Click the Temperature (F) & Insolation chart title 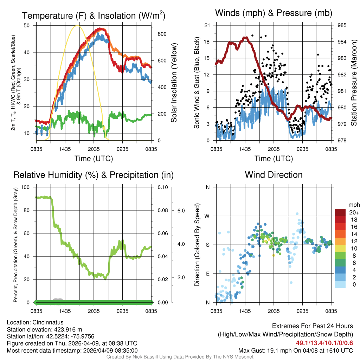94,15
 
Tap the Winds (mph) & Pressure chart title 274,13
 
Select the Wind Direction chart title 274,175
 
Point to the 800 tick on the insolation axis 162,34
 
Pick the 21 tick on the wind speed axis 207,25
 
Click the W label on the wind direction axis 207,216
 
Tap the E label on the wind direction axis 207,274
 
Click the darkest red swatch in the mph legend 341,212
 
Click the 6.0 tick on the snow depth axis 180,211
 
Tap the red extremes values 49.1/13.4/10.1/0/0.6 324,343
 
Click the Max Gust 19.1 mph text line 295,351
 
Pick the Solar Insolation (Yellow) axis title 174,83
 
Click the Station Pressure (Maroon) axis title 354,83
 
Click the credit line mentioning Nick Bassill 180,357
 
